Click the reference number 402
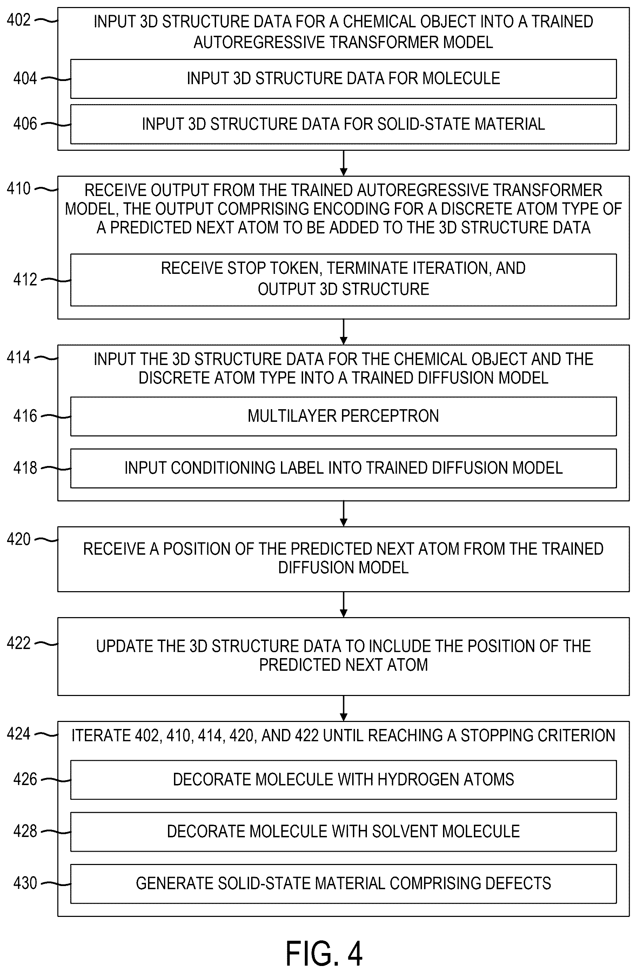[x=19, y=20]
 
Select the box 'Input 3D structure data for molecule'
[x=343, y=79]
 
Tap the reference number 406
[x=25, y=124]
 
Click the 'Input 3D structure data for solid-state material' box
[x=343, y=124]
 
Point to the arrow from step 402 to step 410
[x=344, y=163]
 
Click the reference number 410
[x=19, y=189]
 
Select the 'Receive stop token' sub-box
[x=343, y=280]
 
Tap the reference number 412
[x=25, y=280]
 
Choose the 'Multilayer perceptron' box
[x=343, y=416]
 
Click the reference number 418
[x=25, y=468]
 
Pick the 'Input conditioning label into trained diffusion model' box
[x=343, y=468]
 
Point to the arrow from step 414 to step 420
[x=344, y=513]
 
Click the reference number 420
[x=19, y=539]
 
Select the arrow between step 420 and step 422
[x=344, y=604]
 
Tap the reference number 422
[x=19, y=643]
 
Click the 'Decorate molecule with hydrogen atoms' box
[x=343, y=779]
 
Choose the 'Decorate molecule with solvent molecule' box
[x=343, y=832]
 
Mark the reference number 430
[x=25, y=883]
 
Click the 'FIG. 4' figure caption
[x=324, y=953]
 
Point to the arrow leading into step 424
[x=344, y=708]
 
